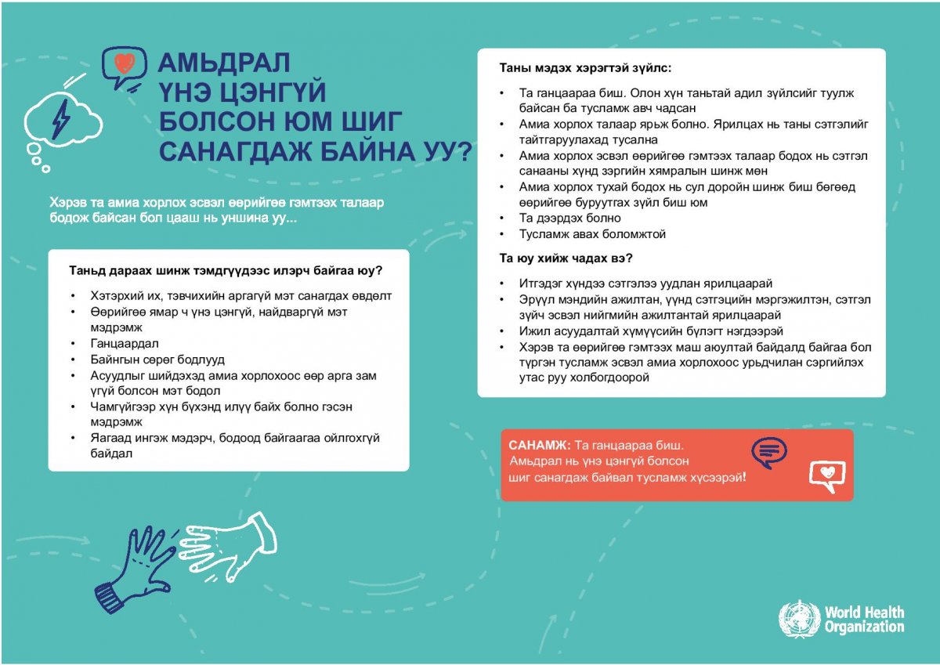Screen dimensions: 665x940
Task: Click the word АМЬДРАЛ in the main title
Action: (x=225, y=63)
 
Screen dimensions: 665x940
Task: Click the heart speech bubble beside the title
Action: (x=124, y=64)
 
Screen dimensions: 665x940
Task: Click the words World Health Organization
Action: (x=864, y=619)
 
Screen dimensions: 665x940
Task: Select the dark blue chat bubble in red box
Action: (x=768, y=451)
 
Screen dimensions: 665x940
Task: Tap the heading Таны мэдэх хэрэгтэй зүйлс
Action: (x=585, y=69)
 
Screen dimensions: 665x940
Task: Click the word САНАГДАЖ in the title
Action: (x=244, y=150)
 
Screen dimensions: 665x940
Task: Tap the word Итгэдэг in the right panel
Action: (x=541, y=284)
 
